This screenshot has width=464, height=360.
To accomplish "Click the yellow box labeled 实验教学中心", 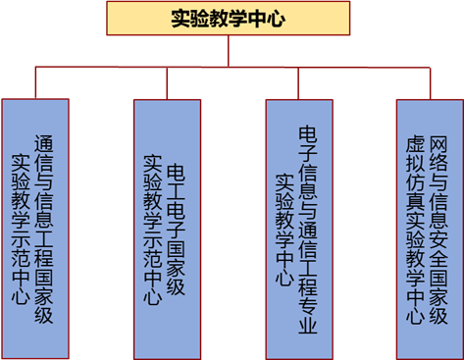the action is (x=229, y=19).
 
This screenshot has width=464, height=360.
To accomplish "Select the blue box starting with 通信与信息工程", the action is (x=35, y=229).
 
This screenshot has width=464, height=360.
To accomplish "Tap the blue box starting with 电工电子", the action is (x=167, y=230).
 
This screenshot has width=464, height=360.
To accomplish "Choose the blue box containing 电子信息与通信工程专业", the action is (x=299, y=230).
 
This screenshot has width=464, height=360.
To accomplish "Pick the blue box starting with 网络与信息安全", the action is (x=430, y=230).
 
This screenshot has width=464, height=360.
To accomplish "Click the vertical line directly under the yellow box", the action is (x=229, y=51).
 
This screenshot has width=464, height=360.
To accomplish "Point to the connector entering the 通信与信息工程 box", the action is (x=35, y=82).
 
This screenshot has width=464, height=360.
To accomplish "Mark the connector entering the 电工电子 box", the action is (x=167, y=83).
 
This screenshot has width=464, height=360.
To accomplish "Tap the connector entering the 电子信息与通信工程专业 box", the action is (x=298, y=83).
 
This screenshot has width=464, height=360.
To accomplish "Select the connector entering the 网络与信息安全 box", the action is (x=430, y=83).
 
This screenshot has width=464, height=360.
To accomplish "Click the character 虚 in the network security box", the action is (x=415, y=144).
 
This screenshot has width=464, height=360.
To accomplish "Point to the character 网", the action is (x=438, y=145).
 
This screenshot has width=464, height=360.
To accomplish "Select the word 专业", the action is (x=308, y=315).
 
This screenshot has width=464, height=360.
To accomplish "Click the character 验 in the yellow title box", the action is (x=199, y=19).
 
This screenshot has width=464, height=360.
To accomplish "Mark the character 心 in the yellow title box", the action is (x=276, y=19).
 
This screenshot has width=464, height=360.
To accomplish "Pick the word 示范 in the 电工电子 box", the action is (x=152, y=249).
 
